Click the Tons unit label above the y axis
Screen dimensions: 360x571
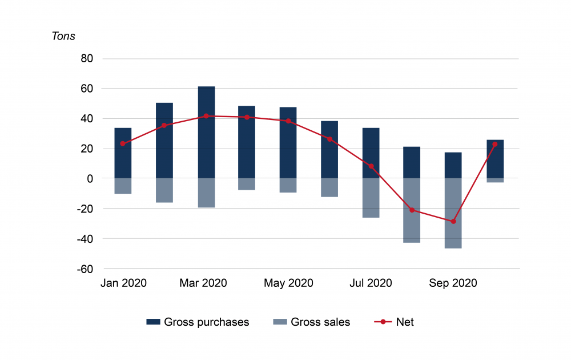63,36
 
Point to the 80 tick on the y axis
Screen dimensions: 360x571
87,59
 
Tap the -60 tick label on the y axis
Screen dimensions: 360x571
85,269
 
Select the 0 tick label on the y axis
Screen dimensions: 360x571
90,179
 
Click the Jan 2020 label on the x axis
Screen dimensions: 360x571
123,283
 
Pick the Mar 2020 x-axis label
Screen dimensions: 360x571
203,283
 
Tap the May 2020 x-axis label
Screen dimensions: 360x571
288,283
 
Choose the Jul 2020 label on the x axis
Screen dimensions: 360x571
371,283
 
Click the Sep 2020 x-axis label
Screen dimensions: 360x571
453,283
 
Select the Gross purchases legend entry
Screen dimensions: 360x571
198,322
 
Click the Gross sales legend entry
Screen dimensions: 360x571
312,322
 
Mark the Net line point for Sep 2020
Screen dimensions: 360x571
453,221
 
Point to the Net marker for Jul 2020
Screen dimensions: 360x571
371,166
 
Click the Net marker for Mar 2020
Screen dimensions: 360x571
206,116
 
